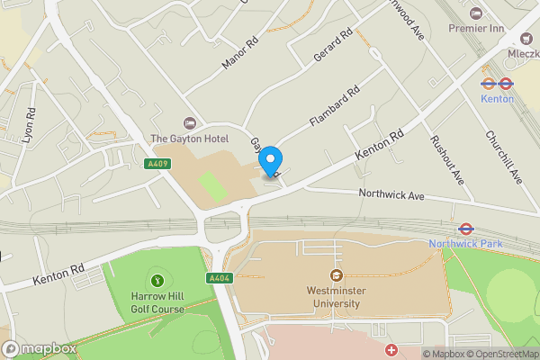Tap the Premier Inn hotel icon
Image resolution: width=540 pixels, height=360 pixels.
tap(476, 14)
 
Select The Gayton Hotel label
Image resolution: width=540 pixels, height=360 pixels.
tap(189, 139)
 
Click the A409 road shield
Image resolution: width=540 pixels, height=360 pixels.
tap(157, 163)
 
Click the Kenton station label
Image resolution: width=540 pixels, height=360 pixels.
tap(498, 98)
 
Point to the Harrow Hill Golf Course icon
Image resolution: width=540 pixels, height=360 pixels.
tap(159, 281)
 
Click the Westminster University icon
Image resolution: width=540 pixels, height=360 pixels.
tap(336, 274)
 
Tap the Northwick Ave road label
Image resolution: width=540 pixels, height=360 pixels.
tap(391, 193)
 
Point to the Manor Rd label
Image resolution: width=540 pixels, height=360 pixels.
tap(239, 53)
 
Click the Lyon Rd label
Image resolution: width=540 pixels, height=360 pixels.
tap(29, 127)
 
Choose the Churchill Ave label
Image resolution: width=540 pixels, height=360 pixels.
tap(503, 158)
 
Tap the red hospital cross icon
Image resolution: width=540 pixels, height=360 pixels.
tap(391, 349)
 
